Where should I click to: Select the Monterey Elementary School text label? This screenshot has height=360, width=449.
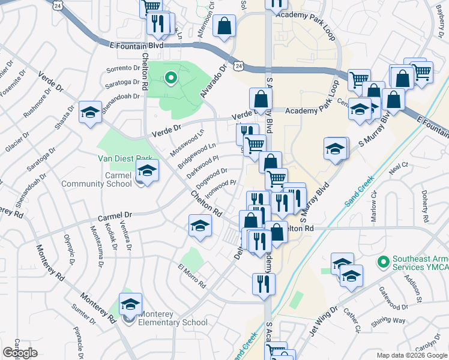pos(173,318)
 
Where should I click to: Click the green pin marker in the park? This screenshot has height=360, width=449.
pos(170,77)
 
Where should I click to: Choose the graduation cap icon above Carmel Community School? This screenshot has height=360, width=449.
pos(147,170)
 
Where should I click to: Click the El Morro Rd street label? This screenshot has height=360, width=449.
pos(192,274)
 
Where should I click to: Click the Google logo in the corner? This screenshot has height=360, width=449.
pos(20,353)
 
